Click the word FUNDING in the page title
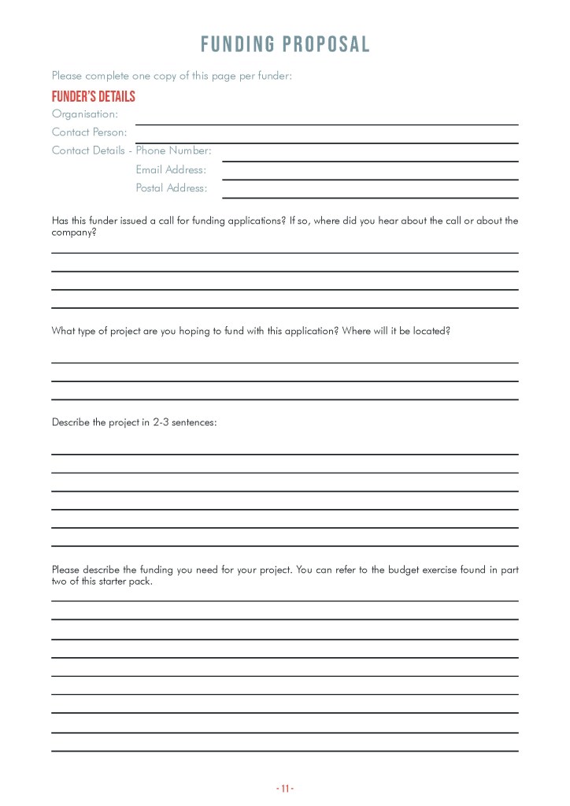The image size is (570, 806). pyautogui.click(x=239, y=44)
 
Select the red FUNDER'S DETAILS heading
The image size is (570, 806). pyautogui.click(x=93, y=97)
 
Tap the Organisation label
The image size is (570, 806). pyautogui.click(x=84, y=114)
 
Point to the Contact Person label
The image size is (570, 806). pyautogui.click(x=89, y=132)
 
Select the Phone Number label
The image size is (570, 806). pyautogui.click(x=173, y=150)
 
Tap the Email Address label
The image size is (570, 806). pyautogui.click(x=171, y=169)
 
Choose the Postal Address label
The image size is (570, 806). pyautogui.click(x=172, y=188)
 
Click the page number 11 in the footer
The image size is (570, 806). pyautogui.click(x=285, y=788)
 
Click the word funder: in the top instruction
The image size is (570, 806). pyautogui.click(x=274, y=76)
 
